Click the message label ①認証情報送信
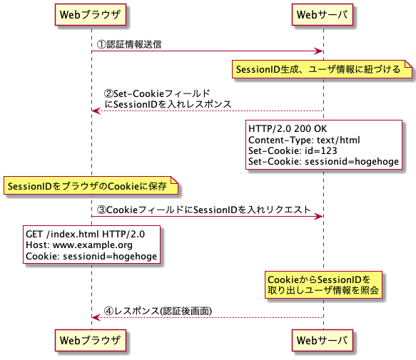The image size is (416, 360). pyautogui.click(x=128, y=44)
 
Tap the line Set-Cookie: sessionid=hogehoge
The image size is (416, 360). pyautogui.click(x=323, y=161)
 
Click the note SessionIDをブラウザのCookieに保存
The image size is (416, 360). pyautogui.click(x=87, y=187)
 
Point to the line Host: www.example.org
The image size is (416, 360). pyautogui.click(x=79, y=245)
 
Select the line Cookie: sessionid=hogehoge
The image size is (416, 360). pyautogui.click(x=91, y=256)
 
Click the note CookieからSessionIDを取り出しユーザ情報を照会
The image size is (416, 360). pyautogui.click(x=323, y=284)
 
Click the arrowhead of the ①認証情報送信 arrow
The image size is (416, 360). pyautogui.click(x=320, y=51)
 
